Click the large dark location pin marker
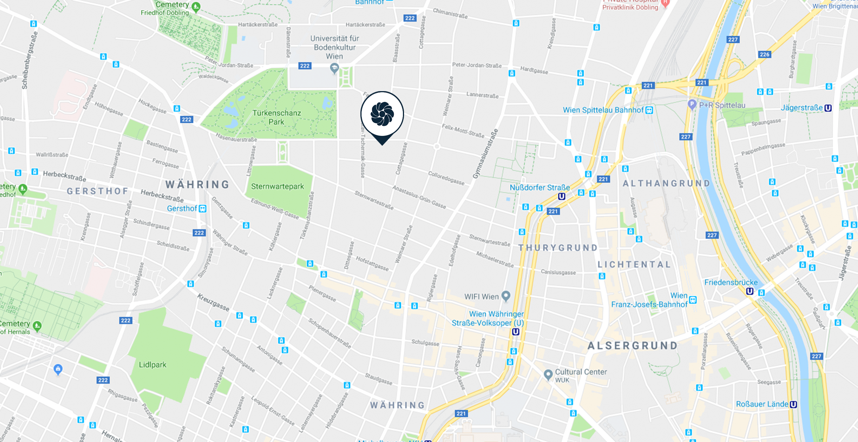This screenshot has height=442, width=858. (382, 114)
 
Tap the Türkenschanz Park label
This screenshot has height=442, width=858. (276, 117)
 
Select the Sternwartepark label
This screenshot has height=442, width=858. (277, 186)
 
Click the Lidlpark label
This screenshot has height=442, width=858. (153, 364)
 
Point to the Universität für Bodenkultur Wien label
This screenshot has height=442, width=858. (334, 47)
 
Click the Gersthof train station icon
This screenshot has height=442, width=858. (203, 208)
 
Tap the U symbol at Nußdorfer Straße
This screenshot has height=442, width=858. (561, 196)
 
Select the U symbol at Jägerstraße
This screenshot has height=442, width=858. (828, 108)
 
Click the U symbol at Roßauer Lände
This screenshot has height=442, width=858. (793, 404)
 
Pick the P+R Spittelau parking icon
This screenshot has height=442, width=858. (692, 105)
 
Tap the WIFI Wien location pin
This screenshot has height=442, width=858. (506, 296)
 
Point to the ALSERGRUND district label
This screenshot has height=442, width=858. (633, 346)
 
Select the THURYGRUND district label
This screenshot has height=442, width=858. (558, 248)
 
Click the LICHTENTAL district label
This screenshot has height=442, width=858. (634, 265)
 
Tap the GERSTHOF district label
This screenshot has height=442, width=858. (98, 191)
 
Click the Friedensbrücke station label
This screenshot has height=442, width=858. (731, 282)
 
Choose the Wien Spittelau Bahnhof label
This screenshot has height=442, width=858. (603, 110)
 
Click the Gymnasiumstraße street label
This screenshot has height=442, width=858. (485, 154)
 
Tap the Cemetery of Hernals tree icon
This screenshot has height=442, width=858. (37, 326)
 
